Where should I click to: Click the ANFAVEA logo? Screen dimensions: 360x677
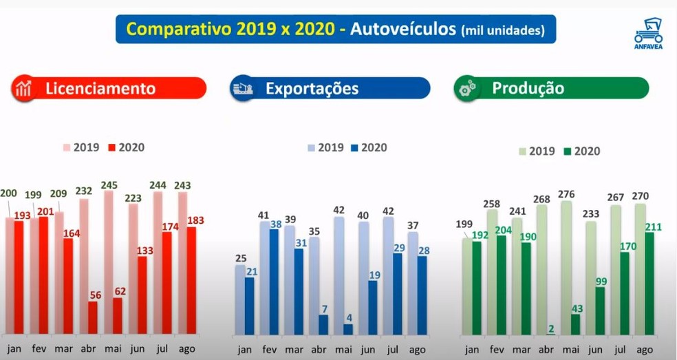648,33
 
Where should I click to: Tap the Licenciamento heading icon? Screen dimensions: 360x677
23,89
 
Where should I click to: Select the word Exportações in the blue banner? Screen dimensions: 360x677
312,88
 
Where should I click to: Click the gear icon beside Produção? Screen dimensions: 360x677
467,88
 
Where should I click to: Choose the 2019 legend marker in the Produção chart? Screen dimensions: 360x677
522,151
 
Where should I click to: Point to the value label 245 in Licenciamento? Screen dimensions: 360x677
109,185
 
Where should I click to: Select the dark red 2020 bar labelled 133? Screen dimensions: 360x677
142,296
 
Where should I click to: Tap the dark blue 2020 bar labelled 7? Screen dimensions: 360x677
323,325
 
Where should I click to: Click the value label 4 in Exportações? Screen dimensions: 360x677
349,317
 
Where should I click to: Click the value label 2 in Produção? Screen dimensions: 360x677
550,327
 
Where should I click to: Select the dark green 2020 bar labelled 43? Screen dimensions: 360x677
576,325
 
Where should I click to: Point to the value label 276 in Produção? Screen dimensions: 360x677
566,194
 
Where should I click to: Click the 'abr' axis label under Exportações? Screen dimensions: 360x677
319,349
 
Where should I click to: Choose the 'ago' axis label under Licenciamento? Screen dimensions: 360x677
186,349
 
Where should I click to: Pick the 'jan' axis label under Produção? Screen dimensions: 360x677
472,350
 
